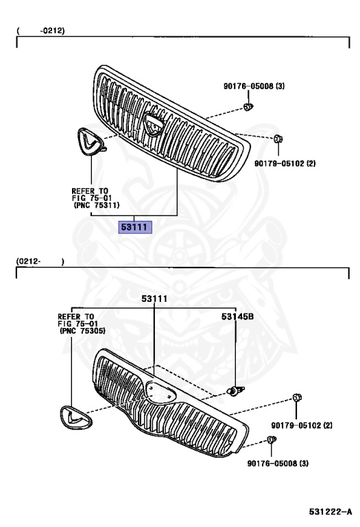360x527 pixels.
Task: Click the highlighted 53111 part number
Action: pos(135,227)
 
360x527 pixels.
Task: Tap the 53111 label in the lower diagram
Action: pos(154,298)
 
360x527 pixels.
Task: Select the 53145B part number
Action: pos(237,316)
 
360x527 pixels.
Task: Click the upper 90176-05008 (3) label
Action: pos(254,86)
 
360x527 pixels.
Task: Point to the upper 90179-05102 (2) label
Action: pos(285,163)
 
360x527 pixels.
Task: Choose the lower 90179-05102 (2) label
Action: pos(302,425)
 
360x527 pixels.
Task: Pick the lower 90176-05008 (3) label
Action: pos(278,463)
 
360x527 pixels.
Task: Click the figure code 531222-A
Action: pos(331,511)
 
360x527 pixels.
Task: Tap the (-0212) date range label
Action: pos(40,31)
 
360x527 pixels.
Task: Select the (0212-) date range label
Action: pos(40,261)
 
